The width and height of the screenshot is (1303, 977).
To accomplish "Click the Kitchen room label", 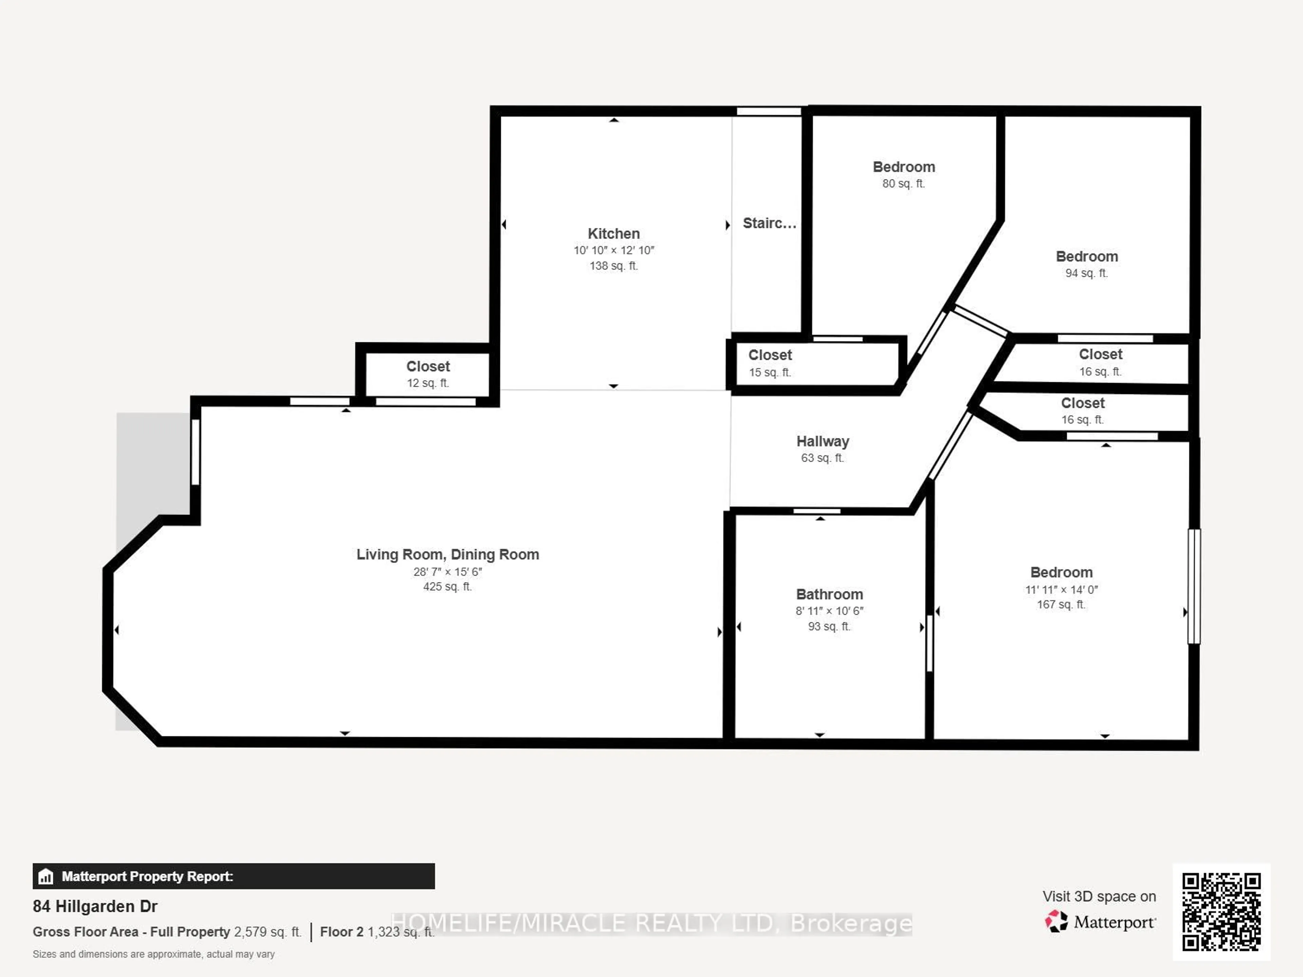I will (x=613, y=234).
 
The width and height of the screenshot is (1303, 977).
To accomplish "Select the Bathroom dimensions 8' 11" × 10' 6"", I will (x=829, y=611).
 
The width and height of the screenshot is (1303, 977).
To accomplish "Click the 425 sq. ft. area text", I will (x=447, y=587).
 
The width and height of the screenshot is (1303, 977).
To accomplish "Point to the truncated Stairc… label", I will (x=769, y=223).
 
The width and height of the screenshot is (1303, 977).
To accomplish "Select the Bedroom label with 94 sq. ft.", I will (x=1086, y=257).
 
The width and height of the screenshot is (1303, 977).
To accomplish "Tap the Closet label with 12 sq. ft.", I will (x=428, y=366).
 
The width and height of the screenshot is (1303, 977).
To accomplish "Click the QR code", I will (x=1221, y=912).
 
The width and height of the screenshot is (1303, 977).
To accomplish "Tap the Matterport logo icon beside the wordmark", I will (x=1056, y=921).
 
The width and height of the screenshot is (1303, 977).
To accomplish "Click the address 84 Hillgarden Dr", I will (x=95, y=906).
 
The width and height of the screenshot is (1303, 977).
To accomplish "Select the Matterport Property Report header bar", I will (x=233, y=876).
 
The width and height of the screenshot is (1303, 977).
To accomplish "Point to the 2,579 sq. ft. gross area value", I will (x=267, y=932).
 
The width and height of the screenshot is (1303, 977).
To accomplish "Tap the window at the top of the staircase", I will (x=769, y=111).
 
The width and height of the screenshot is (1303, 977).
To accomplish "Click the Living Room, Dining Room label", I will (x=447, y=555).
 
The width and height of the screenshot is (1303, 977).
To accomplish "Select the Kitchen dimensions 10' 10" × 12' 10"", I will (x=613, y=250).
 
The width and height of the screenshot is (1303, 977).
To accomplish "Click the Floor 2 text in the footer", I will (x=342, y=932).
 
